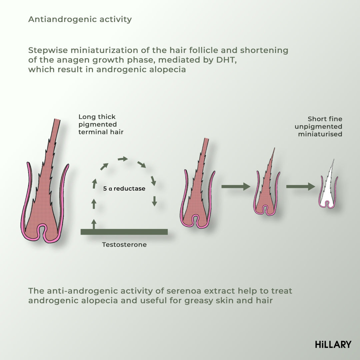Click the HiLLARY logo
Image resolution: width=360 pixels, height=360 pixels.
click(x=333, y=344)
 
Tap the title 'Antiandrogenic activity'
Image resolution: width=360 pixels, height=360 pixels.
click(x=80, y=19)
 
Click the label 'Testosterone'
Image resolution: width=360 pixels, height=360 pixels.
click(x=124, y=245)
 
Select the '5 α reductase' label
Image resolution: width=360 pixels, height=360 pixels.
click(x=124, y=189)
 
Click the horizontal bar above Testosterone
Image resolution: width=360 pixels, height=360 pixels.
click(x=124, y=232)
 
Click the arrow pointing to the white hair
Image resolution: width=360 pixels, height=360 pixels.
click(x=300, y=187)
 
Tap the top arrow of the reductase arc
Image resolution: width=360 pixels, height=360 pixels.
click(x=123, y=159)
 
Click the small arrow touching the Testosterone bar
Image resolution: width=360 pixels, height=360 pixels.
click(x=94, y=224)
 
